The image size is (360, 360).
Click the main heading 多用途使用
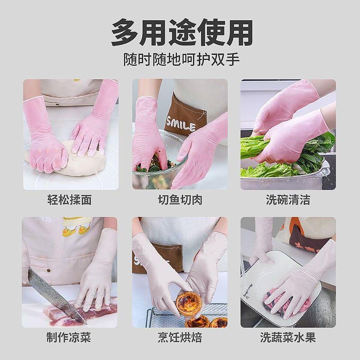click(x=182, y=33)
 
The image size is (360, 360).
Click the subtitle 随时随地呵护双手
click(x=182, y=59)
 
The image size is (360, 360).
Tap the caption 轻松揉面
click(x=70, y=199)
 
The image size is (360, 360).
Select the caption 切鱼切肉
click(x=180, y=199)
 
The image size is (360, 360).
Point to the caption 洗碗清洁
click(x=288, y=199)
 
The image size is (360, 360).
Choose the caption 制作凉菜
click(x=69, y=337)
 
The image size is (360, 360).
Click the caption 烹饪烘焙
click(x=180, y=337)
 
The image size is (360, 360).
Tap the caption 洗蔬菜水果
click(x=288, y=337)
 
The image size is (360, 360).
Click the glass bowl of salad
click(x=158, y=165)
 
